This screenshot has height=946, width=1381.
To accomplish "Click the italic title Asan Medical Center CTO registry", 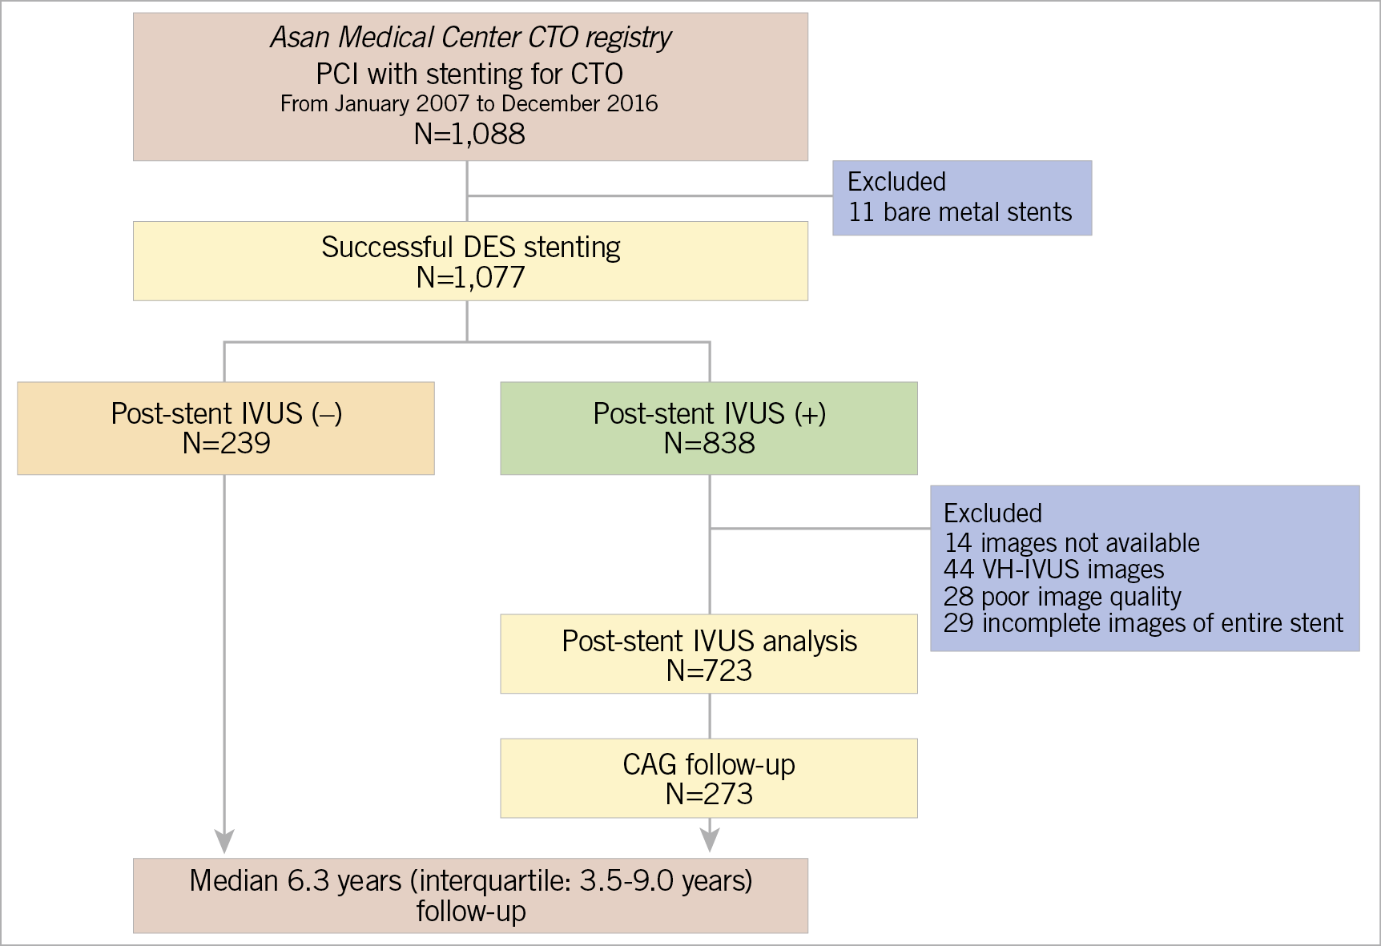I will [x=470, y=38].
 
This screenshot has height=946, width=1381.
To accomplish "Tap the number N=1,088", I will [x=469, y=134].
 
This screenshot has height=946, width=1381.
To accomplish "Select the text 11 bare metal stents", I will [x=960, y=212].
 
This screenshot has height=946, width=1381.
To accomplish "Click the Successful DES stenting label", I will [x=470, y=248].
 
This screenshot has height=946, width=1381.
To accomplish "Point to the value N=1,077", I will [x=470, y=277].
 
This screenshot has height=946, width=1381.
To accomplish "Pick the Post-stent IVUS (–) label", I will [x=226, y=413].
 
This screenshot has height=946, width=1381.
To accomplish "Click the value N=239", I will [x=226, y=443].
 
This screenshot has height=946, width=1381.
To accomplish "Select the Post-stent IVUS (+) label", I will [x=709, y=413].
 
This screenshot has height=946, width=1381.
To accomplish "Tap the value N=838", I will [x=709, y=443].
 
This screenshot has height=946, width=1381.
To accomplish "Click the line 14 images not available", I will [x=1071, y=543].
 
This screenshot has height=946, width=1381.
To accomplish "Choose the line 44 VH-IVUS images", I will [x=1053, y=570].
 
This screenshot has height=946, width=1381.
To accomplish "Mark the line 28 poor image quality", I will [x=1061, y=597].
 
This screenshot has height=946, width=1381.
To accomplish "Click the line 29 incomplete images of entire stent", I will [x=1142, y=623].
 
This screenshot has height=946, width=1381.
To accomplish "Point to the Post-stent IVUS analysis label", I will [x=709, y=641].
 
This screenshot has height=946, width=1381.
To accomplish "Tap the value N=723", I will [x=709, y=670].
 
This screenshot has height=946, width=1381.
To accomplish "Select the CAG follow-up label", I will [x=709, y=764].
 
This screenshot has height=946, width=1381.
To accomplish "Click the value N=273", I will [x=709, y=794].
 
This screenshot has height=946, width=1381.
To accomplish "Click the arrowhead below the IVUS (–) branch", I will [x=224, y=841].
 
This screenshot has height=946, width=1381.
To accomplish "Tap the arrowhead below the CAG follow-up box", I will [x=709, y=839].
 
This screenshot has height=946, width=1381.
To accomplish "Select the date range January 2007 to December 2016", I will [x=469, y=104].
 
